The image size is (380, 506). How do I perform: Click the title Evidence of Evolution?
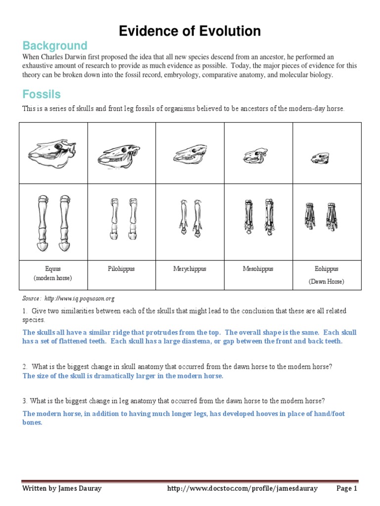(190, 31)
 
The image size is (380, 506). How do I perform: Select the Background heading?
(54, 46)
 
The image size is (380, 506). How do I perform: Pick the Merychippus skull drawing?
(190, 155)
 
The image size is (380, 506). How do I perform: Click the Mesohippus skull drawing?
(255, 157)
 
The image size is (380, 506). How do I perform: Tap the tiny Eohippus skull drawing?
(321, 158)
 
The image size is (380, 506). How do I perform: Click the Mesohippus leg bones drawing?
(258, 216)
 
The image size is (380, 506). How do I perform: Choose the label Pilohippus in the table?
(121, 269)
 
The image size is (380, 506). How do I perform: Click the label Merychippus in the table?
(190, 269)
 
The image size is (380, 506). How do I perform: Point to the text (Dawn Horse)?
(327, 282)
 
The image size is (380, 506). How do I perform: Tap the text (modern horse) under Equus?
(53, 278)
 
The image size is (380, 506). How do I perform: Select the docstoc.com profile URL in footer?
(242, 489)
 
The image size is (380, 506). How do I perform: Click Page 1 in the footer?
(346, 489)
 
